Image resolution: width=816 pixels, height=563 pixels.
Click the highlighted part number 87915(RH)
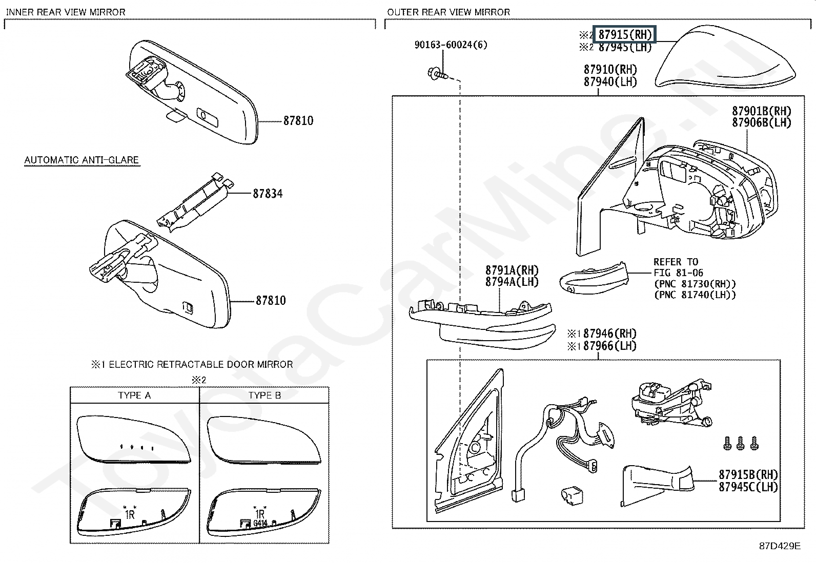coord(625,35)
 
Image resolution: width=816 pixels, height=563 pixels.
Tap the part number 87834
coord(268,194)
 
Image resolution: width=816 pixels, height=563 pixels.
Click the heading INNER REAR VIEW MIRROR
coord(66,12)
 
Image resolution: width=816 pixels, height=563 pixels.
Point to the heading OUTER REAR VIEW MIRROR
coord(448,12)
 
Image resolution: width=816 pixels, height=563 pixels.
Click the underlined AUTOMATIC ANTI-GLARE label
coord(81,160)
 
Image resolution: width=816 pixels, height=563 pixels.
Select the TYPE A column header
coord(134,395)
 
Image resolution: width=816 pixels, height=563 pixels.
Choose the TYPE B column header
coord(265,395)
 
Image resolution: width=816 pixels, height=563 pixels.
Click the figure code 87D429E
coord(780,546)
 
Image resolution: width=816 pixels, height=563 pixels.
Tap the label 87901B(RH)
coord(762,111)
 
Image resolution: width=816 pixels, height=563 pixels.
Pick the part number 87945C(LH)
coord(748,487)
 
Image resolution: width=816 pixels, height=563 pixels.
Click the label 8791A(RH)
coord(512,270)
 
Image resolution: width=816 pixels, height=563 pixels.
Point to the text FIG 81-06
coord(678,273)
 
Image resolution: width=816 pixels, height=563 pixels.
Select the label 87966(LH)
coord(610,346)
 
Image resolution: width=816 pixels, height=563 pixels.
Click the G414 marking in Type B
coord(260,523)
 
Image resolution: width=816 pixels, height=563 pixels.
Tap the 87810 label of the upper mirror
coord(298,120)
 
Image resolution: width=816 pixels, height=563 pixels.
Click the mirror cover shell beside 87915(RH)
coord(725,58)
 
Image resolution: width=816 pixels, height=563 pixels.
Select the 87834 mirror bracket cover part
coord(195,202)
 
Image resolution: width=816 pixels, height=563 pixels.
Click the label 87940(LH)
coord(610,81)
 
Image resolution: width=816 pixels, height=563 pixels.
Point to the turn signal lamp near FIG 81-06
coord(594,279)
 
